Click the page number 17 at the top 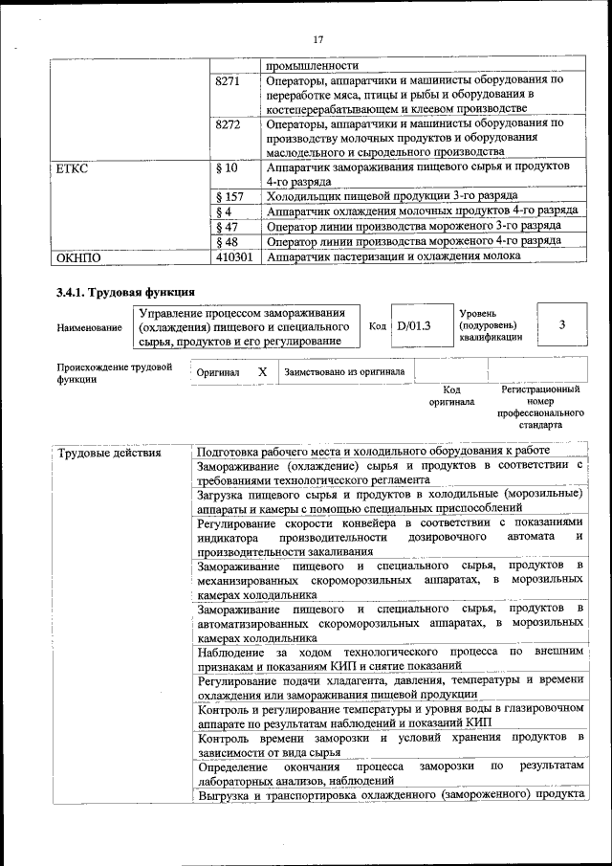pyautogui.click(x=318, y=38)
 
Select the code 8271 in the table pyautogui.click(x=229, y=80)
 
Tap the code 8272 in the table pyautogui.click(x=229, y=123)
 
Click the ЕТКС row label pyautogui.click(x=73, y=167)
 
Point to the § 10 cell pyautogui.click(x=228, y=167)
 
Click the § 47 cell pyautogui.click(x=228, y=226)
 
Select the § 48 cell pyautogui.click(x=228, y=241)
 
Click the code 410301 pyautogui.click(x=235, y=256)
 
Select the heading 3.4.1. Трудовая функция pyautogui.click(x=125, y=291)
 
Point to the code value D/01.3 pyautogui.click(x=415, y=325)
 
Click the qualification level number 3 pyautogui.click(x=561, y=325)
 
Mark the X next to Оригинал pyautogui.click(x=261, y=370)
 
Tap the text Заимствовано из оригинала pyautogui.click(x=343, y=370)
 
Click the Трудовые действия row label pyautogui.click(x=109, y=453)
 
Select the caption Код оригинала pyautogui.click(x=451, y=396)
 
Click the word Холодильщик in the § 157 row pyautogui.click(x=308, y=195)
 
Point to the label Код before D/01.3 pyautogui.click(x=378, y=325)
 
